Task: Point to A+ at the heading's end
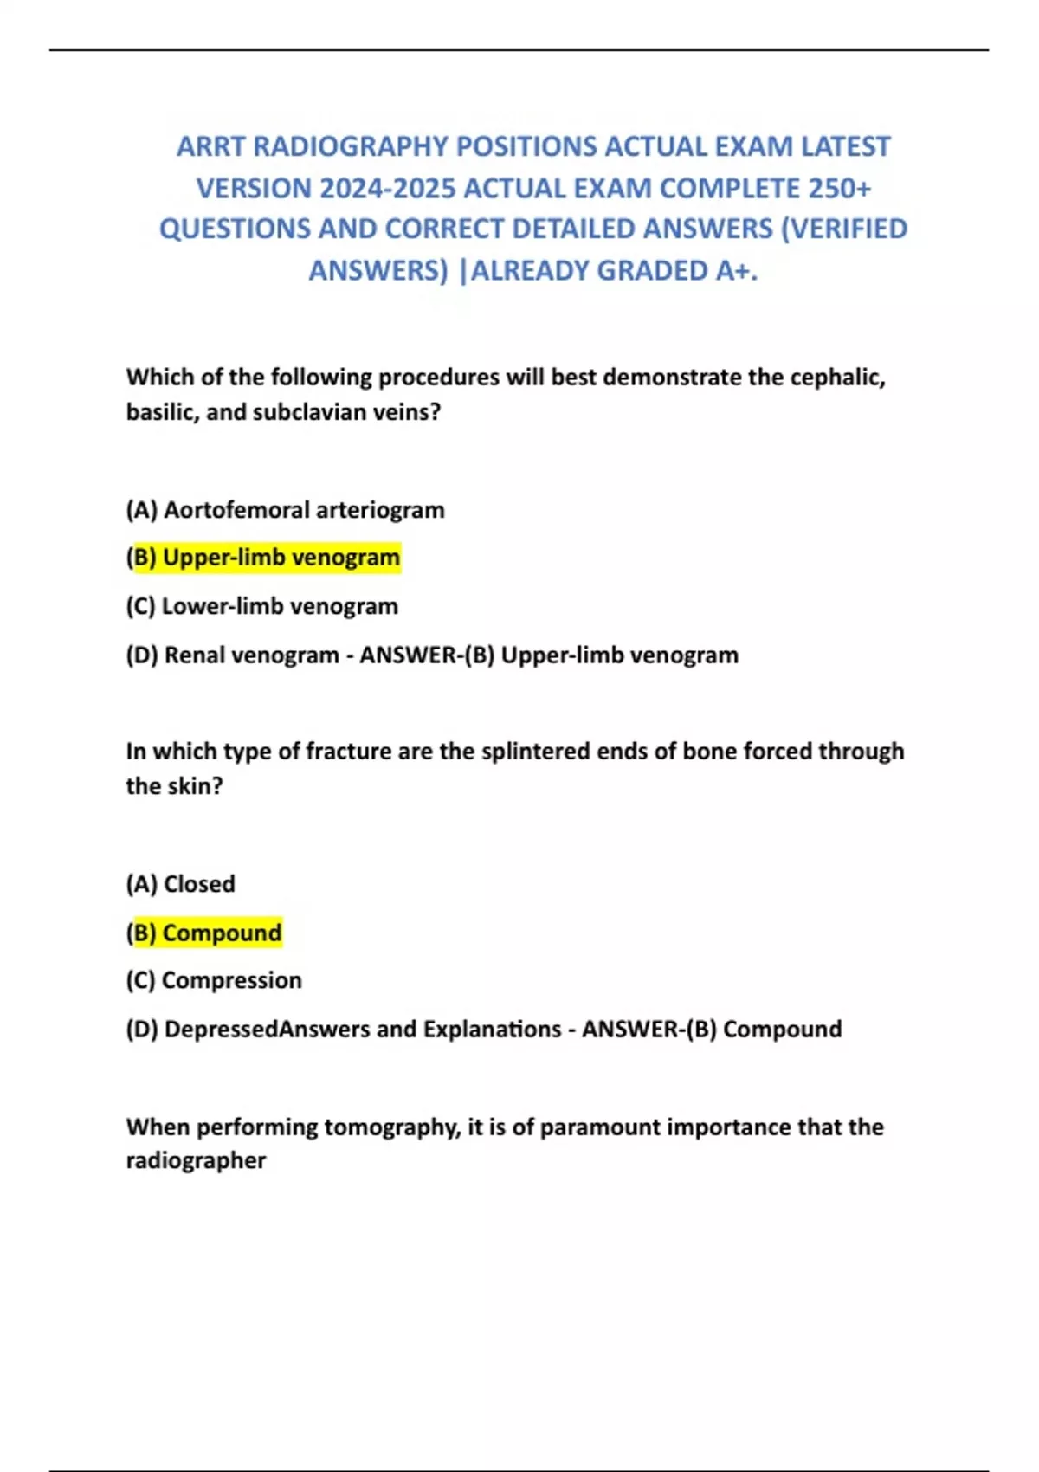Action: tap(736, 271)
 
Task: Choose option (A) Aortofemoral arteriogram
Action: tap(285, 510)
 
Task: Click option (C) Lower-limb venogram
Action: tap(261, 606)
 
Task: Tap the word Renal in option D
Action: tap(193, 655)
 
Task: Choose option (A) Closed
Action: tap(180, 884)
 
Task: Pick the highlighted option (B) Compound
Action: tap(203, 933)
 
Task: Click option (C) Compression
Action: tap(214, 980)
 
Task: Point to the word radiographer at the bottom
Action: tap(196, 1161)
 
